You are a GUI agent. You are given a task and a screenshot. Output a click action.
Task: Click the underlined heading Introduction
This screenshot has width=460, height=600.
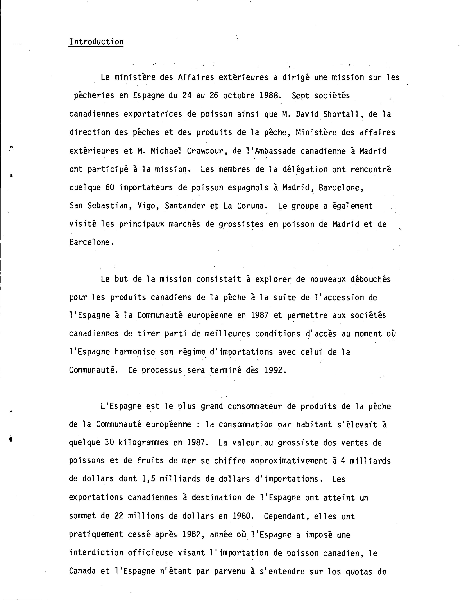pos(96,42)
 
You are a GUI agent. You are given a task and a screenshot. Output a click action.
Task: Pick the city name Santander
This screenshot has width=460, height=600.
pos(185,206)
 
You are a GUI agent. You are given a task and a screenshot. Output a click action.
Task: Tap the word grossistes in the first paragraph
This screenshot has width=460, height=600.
pos(241,224)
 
